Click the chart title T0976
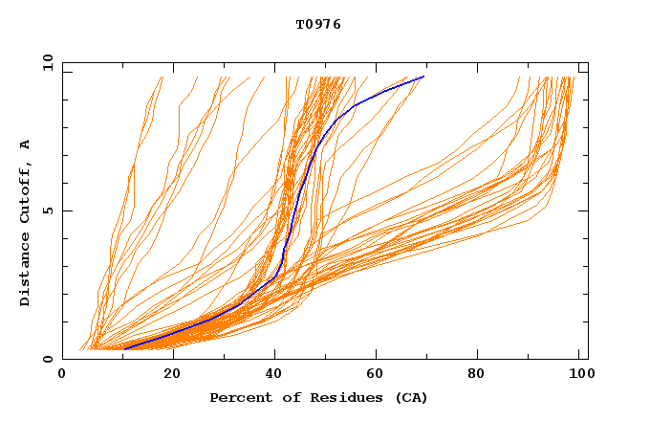pyautogui.click(x=318, y=25)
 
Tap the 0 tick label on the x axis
pyautogui.click(x=62, y=374)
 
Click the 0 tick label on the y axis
pyautogui.click(x=47, y=359)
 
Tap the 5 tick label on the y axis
pyautogui.click(x=47, y=210)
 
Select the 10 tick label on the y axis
pyautogui.click(x=47, y=62)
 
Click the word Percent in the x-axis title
pyautogui.click(x=236, y=397)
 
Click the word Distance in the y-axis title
pyautogui.click(x=26, y=269)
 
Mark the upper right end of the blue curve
pyautogui.click(x=423, y=77)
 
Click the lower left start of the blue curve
pyautogui.click(x=124, y=349)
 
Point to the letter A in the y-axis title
pyautogui.click(x=26, y=144)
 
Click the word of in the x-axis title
pyautogui.click(x=281, y=397)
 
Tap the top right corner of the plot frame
pyautogui.click(x=588, y=62)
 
